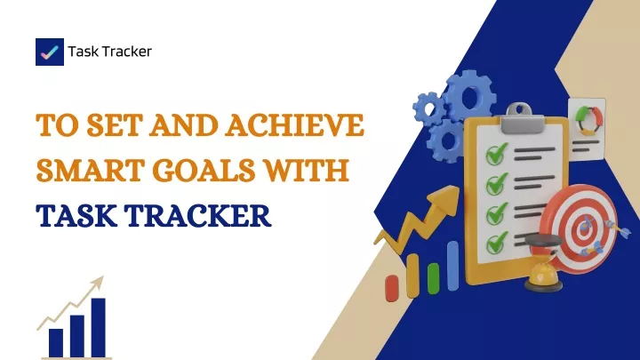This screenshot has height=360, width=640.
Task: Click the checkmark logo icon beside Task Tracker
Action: [x=50, y=52]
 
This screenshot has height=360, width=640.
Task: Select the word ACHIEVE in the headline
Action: [x=294, y=124]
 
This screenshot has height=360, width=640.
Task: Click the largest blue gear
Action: [x=470, y=96]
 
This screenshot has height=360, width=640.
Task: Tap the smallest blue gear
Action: [x=428, y=108]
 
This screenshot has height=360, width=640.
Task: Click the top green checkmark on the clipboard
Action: [x=496, y=154]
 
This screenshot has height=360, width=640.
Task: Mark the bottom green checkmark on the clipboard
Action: [x=496, y=243]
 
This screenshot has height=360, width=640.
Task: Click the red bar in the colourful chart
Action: [x=392, y=289]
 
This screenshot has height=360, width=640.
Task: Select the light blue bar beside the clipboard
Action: [x=452, y=266]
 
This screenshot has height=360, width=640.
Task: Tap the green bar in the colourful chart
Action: [x=433, y=278]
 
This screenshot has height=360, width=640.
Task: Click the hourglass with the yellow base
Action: [x=543, y=263]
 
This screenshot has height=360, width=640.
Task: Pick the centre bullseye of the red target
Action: [x=585, y=227]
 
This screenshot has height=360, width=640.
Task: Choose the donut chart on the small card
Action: [x=588, y=120]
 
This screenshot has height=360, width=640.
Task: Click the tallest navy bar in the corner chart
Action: [x=99, y=328]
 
